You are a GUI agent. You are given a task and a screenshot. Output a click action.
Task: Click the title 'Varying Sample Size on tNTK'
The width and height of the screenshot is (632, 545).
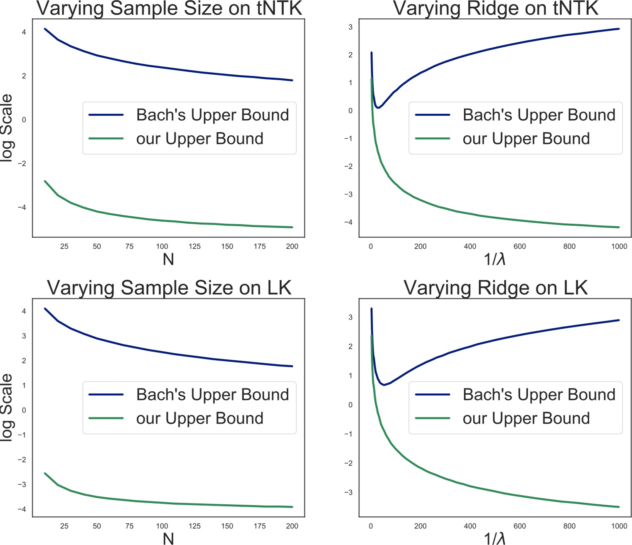(x=169, y=8)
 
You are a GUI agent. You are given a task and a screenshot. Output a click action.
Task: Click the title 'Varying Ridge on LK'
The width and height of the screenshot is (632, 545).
(x=495, y=288)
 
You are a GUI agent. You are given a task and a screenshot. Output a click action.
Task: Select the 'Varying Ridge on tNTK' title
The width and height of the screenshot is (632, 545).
(x=495, y=8)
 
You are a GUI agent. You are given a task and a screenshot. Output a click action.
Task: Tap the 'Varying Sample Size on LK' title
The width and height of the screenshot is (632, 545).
(x=169, y=288)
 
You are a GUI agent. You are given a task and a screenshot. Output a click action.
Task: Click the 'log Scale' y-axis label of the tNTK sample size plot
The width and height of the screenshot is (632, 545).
(x=7, y=128)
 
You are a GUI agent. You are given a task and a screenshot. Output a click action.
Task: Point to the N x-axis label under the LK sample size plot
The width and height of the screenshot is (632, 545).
(x=168, y=538)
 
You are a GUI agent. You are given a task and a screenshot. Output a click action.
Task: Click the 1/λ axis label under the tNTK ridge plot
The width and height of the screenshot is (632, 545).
(x=494, y=259)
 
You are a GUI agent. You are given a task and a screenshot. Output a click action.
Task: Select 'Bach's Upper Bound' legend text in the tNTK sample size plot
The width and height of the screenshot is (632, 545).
(x=212, y=115)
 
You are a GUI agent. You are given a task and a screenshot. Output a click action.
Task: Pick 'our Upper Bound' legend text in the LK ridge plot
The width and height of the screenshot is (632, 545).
(x=526, y=418)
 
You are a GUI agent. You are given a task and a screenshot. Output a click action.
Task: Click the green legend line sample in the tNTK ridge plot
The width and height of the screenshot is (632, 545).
(x=433, y=139)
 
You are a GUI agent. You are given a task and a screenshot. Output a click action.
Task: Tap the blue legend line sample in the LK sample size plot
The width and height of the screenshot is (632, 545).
(x=106, y=395)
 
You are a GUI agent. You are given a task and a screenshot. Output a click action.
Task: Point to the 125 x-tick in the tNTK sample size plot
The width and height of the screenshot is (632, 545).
(x=194, y=246)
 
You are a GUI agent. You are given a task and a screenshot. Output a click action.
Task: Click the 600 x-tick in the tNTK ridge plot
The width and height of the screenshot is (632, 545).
(x=519, y=246)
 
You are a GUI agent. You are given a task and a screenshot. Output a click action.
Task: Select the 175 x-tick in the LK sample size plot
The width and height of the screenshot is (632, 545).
(x=260, y=526)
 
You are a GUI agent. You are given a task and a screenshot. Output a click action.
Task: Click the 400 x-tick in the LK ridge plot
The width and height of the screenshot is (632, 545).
(x=470, y=526)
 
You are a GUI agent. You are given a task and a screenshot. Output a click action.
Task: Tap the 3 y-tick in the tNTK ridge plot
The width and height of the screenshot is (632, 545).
(x=351, y=27)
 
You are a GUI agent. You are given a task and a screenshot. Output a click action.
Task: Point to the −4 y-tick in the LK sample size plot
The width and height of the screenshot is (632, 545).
(x=22, y=509)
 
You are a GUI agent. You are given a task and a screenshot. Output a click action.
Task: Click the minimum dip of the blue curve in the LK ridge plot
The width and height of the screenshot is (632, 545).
(x=384, y=385)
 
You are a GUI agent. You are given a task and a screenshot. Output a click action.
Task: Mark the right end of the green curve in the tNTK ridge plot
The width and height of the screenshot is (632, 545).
(x=619, y=227)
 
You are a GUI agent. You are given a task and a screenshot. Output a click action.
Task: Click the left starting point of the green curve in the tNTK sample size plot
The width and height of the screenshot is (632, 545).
(x=45, y=181)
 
